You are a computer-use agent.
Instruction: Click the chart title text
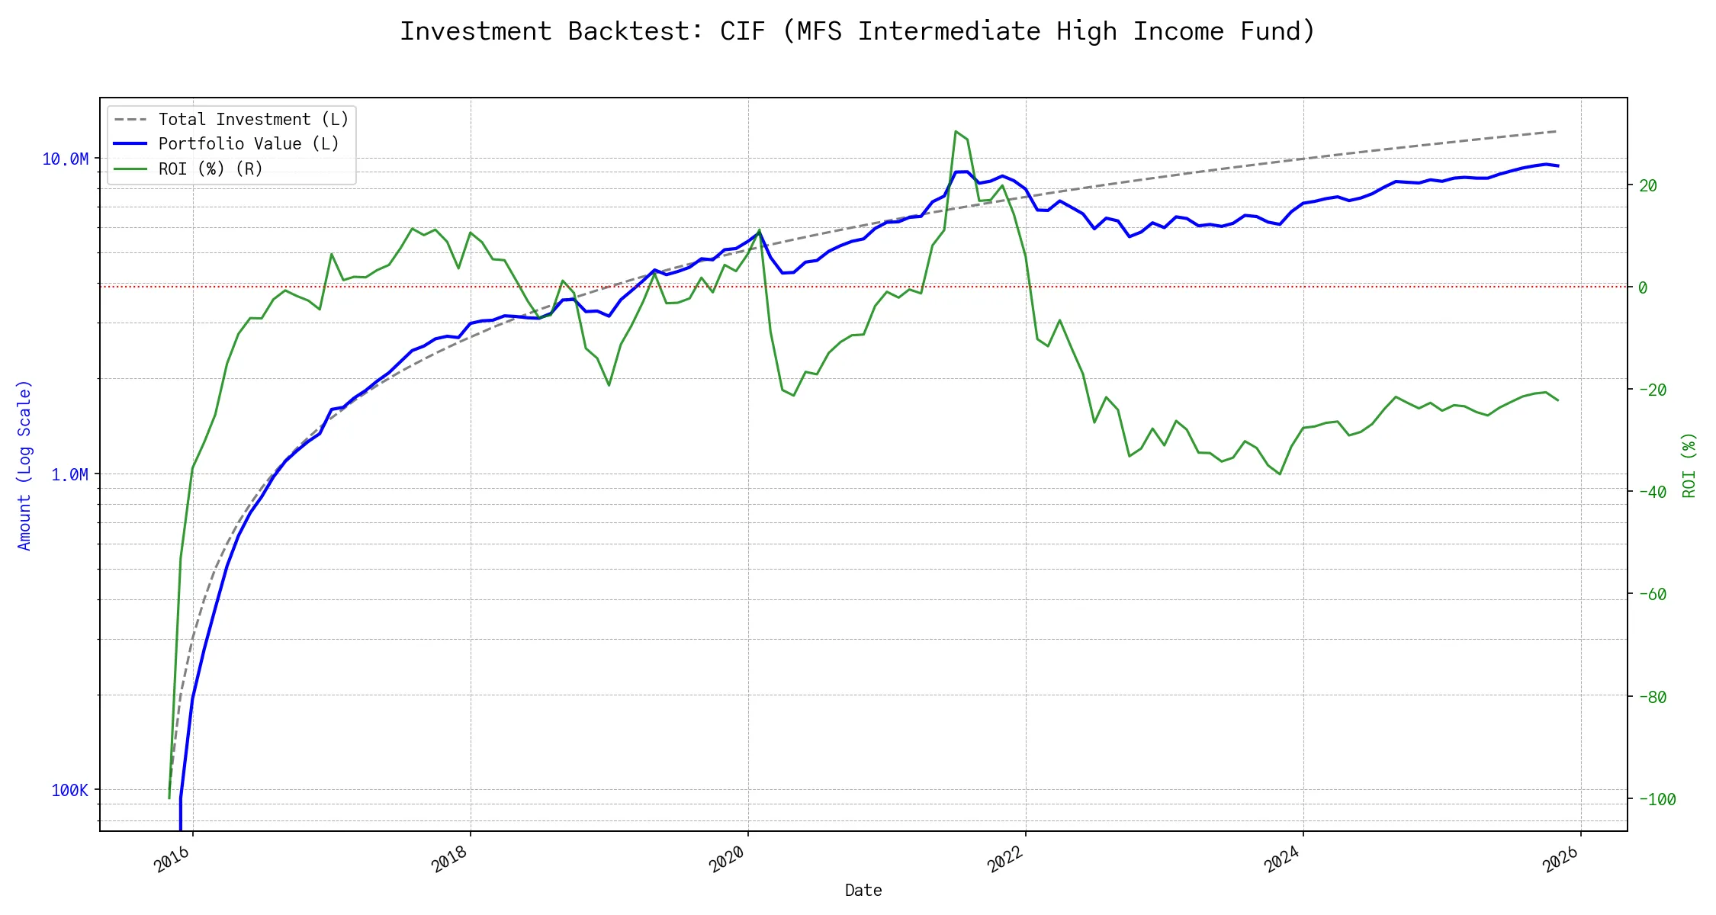pos(857,31)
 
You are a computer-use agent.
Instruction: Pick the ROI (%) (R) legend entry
pos(210,169)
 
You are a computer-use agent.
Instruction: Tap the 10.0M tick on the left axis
pos(65,159)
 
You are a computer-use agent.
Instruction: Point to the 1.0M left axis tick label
pos(69,474)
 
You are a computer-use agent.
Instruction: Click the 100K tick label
pos(69,790)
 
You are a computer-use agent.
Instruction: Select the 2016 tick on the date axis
pos(172,860)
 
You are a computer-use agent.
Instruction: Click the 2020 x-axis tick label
pos(727,860)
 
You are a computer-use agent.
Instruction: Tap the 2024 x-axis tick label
pos(1282,860)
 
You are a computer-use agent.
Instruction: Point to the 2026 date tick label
pos(1560,860)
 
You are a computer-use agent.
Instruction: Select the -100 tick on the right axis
pos(1657,799)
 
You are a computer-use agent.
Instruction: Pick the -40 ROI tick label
pos(1652,492)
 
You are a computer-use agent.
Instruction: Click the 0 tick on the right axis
pos(1643,287)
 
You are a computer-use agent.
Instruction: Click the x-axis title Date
pos(863,890)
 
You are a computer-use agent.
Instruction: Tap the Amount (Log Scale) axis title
pos(24,465)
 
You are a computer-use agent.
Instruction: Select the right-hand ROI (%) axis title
pos(1689,465)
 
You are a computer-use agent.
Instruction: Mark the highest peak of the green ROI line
pos(956,131)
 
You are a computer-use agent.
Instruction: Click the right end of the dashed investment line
pos(1556,131)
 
